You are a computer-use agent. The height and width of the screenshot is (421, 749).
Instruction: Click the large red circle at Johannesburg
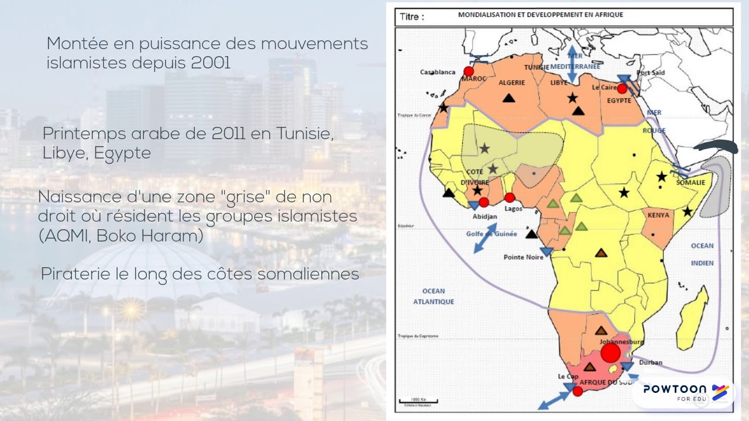tap(610, 353)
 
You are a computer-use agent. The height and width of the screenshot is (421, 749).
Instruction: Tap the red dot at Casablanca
tap(469, 71)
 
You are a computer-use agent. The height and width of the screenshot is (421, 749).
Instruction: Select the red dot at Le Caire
tap(622, 89)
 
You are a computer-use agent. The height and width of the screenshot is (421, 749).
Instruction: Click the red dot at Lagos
tap(510, 198)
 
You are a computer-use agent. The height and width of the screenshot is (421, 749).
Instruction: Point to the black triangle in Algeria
tap(509, 98)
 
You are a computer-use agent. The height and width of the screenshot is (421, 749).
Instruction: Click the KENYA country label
tap(658, 215)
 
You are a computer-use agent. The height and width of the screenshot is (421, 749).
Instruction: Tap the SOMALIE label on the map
tap(690, 182)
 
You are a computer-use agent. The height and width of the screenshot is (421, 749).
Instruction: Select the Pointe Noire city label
tap(523, 257)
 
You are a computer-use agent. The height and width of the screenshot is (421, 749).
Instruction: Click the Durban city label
tap(651, 363)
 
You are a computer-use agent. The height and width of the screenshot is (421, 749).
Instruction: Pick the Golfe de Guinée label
tap(492, 234)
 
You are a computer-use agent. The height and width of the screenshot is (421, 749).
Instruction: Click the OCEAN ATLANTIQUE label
tap(434, 296)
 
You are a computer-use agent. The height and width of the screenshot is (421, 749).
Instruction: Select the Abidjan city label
tap(485, 216)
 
